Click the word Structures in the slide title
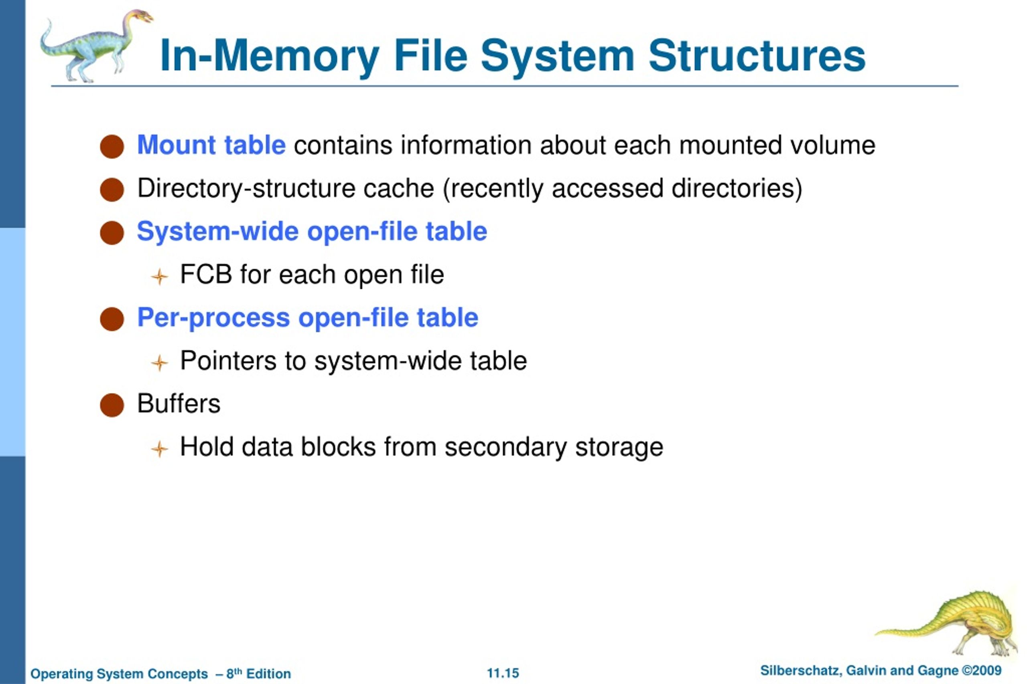click(x=757, y=55)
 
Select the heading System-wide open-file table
click(x=312, y=231)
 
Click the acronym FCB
click(x=206, y=274)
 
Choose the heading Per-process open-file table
click(x=308, y=318)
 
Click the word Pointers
click(x=228, y=361)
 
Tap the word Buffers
click(x=179, y=404)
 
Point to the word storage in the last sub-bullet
click(x=619, y=448)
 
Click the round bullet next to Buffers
click(x=112, y=405)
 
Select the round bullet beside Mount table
click(x=112, y=146)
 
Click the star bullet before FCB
click(x=160, y=276)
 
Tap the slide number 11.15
click(x=503, y=673)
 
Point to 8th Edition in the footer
click(x=258, y=673)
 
